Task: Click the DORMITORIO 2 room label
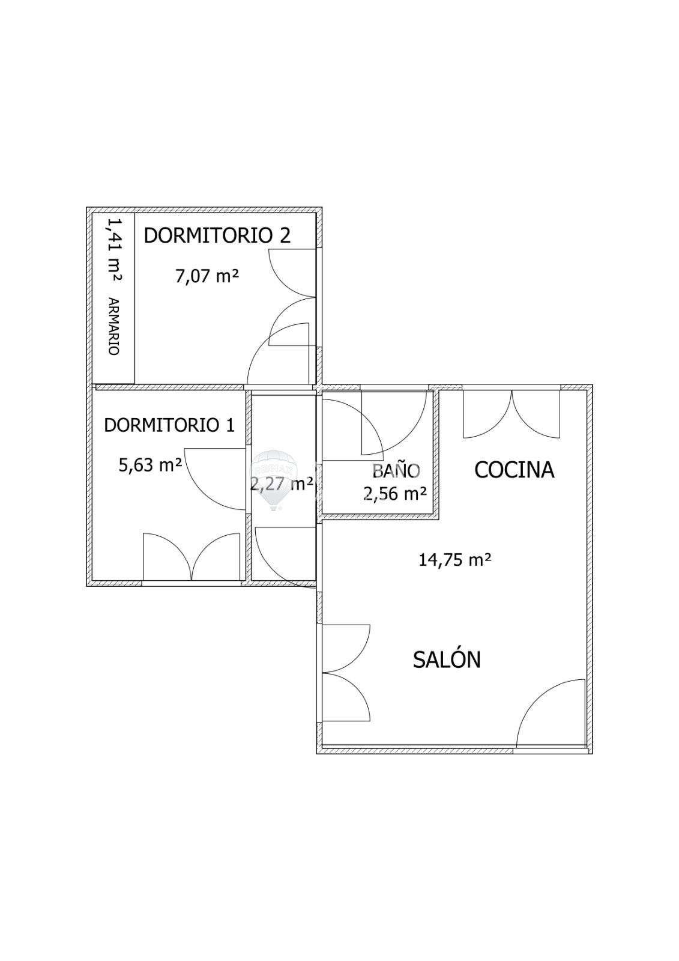point(217,235)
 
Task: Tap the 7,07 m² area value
point(207,276)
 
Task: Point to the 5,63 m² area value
point(150,465)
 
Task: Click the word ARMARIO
point(113,327)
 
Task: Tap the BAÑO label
point(396,470)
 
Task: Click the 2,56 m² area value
point(395,493)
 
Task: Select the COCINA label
point(515,470)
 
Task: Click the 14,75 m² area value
point(454,559)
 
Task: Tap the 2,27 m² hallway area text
point(282,484)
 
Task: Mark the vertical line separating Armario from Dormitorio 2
point(134,298)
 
